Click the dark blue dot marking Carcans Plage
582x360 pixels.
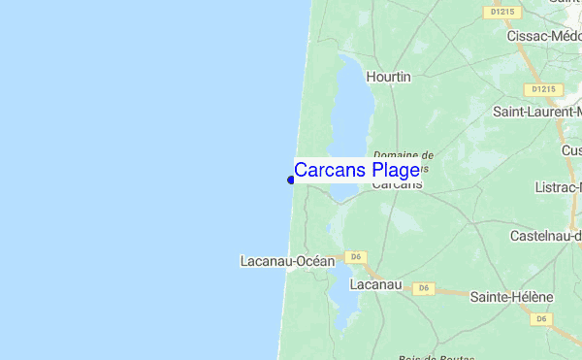291,179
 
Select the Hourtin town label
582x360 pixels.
389,76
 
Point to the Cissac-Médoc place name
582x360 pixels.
543,36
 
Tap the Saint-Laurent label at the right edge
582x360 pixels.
536,112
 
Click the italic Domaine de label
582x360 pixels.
403,154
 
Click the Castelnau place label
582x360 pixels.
545,236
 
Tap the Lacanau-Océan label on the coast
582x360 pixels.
287,261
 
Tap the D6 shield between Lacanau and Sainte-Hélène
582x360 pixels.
423,288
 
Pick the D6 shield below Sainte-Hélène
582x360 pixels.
541,318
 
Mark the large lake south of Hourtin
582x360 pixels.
350,116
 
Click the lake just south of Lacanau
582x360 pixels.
341,309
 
